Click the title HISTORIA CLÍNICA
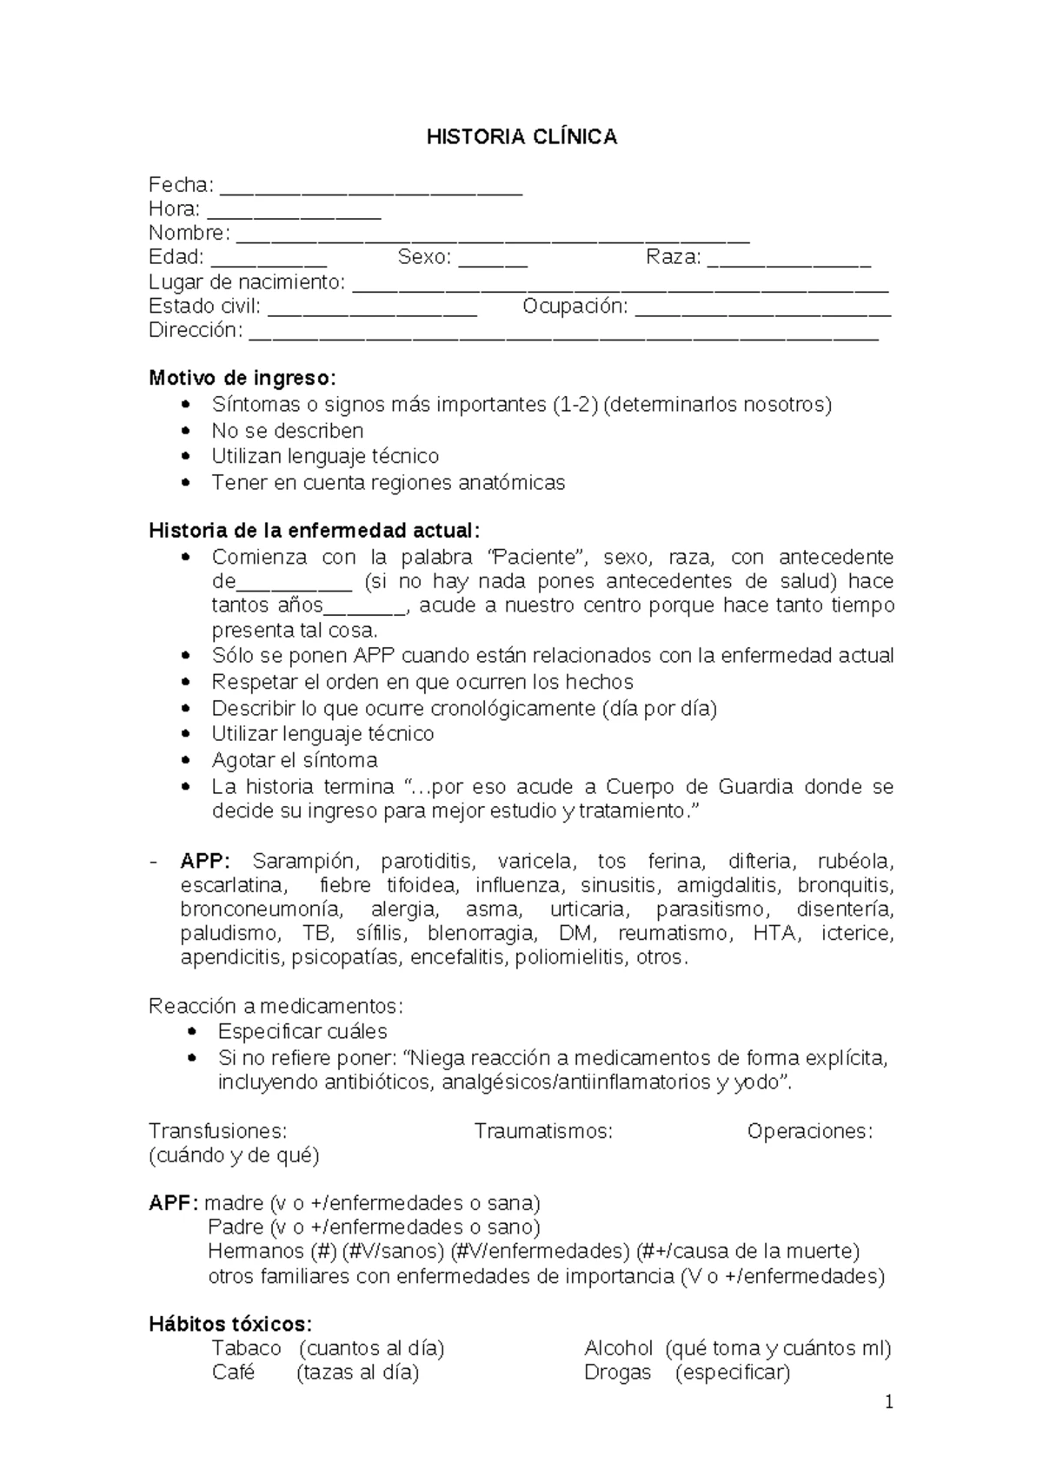[x=521, y=137]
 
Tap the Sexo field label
[x=424, y=257]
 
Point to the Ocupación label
[x=575, y=306]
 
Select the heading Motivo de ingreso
[x=241, y=379]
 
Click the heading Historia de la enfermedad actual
[x=314, y=531]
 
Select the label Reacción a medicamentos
[x=276, y=1006]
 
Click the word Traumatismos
[x=543, y=1131]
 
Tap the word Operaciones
[x=809, y=1131]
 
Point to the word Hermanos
[x=256, y=1252]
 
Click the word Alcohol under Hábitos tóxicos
[x=618, y=1348]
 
